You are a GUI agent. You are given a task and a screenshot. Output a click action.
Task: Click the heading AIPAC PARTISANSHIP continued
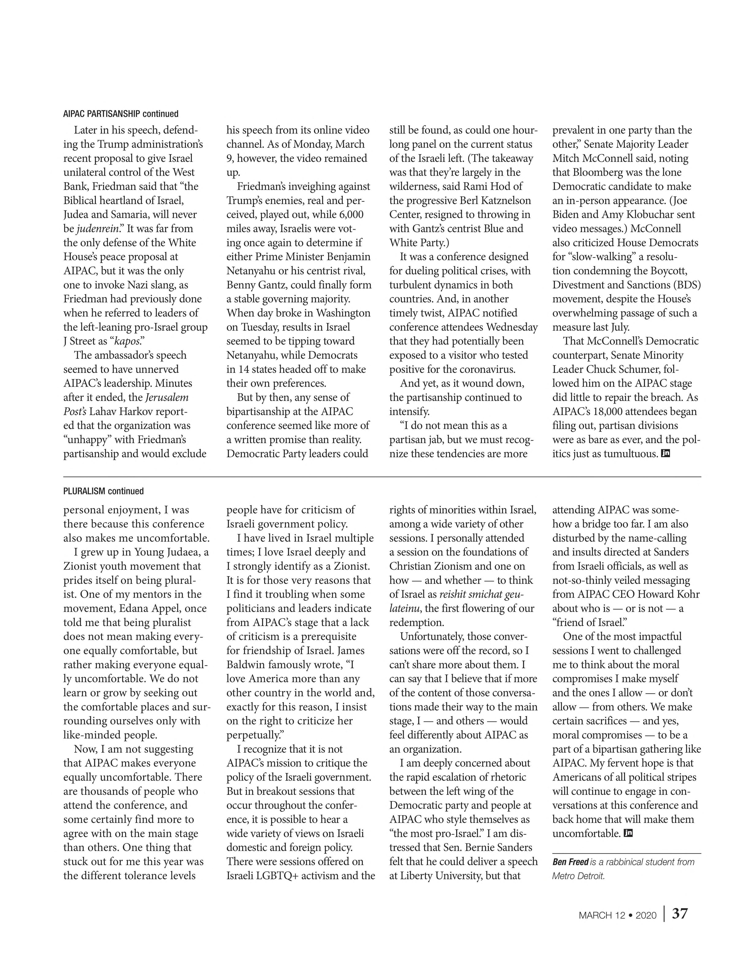coord(121,114)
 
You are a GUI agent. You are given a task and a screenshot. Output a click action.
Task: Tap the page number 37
coord(680,914)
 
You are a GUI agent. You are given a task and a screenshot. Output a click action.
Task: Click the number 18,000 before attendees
coord(600,411)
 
